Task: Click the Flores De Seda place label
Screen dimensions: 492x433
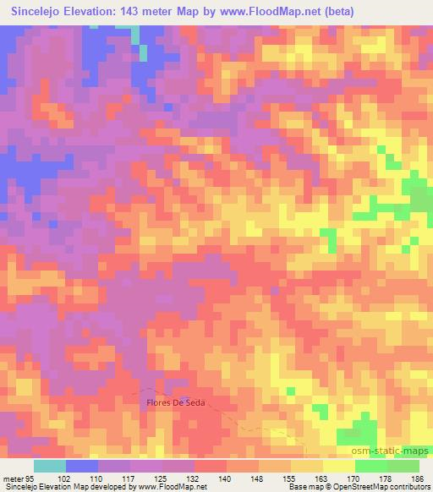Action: [176, 403]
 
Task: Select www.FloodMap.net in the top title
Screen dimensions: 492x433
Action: [270, 11]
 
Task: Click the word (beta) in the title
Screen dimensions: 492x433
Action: [337, 11]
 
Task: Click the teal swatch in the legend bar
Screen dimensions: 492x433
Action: [50, 466]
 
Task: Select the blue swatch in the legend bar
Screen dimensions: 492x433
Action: [82, 466]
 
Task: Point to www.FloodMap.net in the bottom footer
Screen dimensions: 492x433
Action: [174, 486]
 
